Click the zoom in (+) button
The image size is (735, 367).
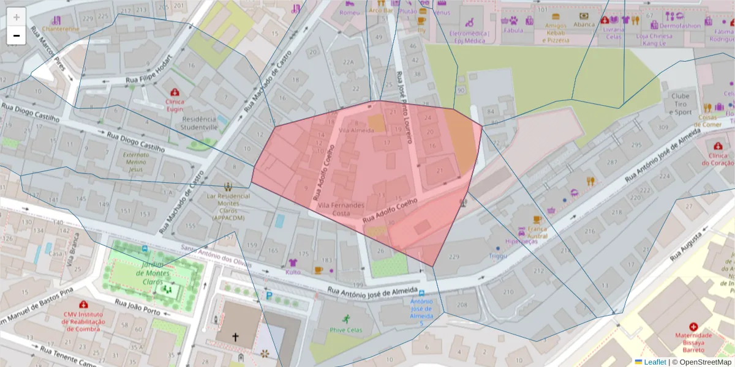(x=17, y=17)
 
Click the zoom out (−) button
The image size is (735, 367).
(x=17, y=35)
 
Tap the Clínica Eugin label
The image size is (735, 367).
(x=175, y=105)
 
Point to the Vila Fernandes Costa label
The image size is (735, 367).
(x=341, y=209)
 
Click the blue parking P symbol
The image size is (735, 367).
(x=269, y=295)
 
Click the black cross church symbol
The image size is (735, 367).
(x=235, y=337)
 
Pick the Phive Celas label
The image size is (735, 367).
(x=346, y=330)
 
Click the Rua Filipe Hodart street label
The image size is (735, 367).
(x=149, y=79)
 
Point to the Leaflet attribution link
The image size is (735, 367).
(x=655, y=361)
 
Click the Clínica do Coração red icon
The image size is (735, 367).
(x=717, y=146)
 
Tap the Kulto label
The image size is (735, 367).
(x=293, y=272)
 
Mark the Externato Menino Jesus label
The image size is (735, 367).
(x=136, y=162)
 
